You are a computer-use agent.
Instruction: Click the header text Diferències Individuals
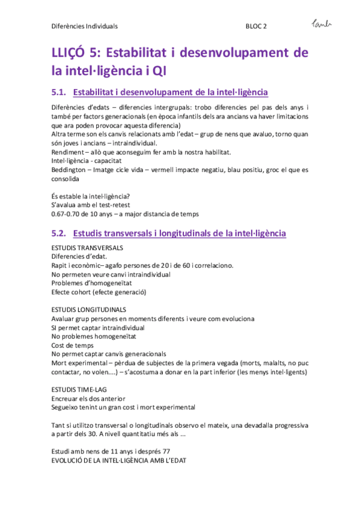(84, 26)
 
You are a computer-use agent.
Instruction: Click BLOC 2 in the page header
(257, 26)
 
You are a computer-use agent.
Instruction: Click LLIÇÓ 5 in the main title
(75, 54)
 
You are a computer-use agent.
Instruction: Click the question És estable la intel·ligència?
(90, 195)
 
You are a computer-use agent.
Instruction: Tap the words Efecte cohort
(71, 292)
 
